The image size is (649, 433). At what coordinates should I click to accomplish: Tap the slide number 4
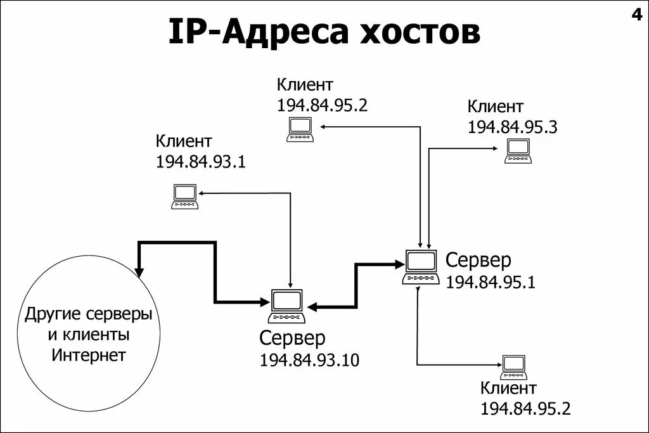tap(636, 15)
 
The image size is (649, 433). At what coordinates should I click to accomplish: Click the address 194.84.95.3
tap(512, 127)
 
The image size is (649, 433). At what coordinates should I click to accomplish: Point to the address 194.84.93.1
tap(200, 162)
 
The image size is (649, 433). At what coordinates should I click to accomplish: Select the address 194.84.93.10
tap(309, 360)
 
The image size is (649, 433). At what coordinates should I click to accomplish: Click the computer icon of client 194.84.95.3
tap(517, 151)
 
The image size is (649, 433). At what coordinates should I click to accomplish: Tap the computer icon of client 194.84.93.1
tap(185, 197)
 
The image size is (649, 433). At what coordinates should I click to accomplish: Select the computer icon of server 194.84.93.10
tap(286, 306)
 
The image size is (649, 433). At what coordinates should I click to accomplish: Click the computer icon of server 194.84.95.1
tap(420, 267)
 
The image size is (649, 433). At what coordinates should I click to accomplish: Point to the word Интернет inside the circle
tap(89, 354)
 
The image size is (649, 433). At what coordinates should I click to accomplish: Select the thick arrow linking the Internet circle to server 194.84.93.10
tap(215, 273)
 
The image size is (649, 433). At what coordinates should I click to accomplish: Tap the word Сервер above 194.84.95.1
tap(478, 260)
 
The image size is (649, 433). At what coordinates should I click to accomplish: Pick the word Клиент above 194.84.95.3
tap(496, 106)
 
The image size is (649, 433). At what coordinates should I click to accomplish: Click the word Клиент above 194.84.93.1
tap(184, 141)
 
